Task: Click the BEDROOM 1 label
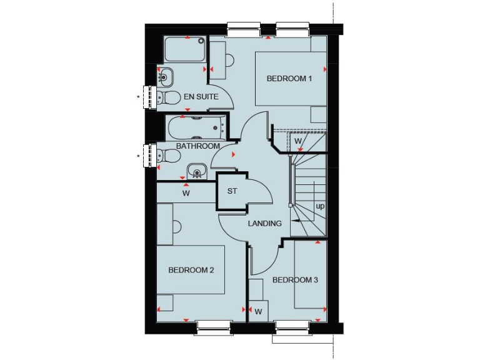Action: click(289, 79)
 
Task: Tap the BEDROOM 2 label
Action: click(191, 270)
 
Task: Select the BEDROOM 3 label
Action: click(295, 280)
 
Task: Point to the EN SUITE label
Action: click(201, 97)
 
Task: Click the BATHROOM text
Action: click(197, 146)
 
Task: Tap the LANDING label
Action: click(264, 223)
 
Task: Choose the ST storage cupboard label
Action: click(232, 191)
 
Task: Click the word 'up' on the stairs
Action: click(320, 206)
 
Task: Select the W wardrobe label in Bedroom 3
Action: click(257, 311)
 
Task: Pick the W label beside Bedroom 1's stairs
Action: click(298, 141)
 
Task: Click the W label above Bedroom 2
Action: click(186, 194)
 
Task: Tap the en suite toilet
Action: click(164, 97)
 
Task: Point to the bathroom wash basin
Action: click(197, 171)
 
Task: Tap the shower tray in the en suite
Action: click(185, 49)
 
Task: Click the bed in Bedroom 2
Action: click(191, 270)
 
